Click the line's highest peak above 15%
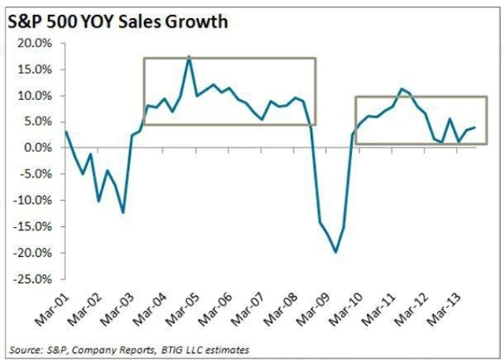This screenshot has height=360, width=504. tap(189, 58)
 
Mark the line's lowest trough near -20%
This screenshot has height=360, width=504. tap(336, 252)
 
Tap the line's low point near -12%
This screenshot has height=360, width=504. tap(124, 212)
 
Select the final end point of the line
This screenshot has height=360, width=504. tap(475, 128)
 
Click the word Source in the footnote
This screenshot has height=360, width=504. tap(23, 347)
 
